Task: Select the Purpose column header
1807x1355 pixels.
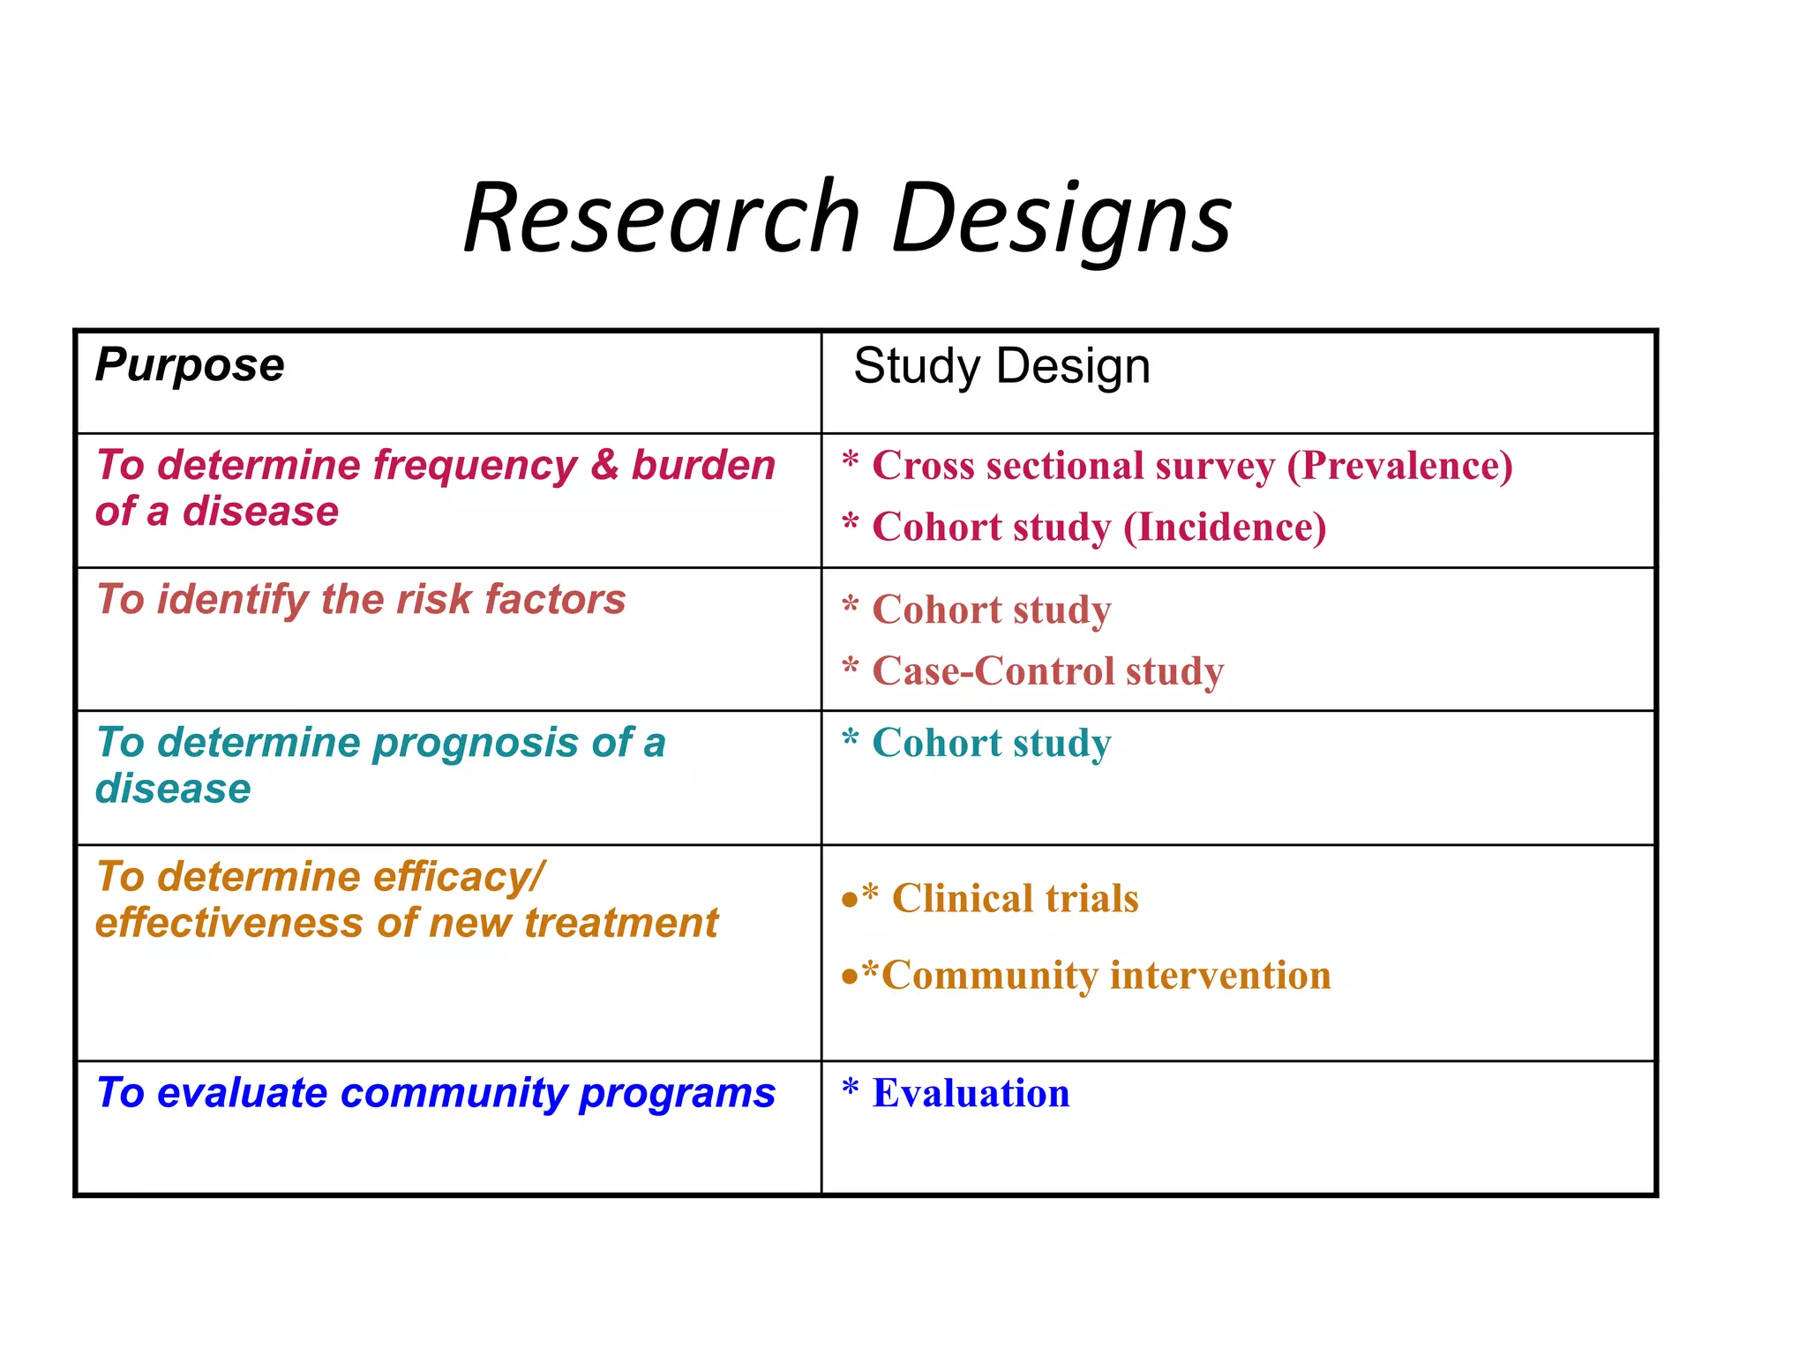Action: coord(190,365)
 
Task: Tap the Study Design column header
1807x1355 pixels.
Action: coord(1001,366)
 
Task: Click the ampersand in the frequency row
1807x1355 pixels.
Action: coord(604,465)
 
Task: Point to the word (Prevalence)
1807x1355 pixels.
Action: coord(1399,466)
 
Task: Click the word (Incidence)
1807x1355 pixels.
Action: coord(1224,528)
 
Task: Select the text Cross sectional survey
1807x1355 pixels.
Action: coord(1073,466)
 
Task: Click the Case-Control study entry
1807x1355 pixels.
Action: coord(1047,671)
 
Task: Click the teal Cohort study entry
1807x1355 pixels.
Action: coord(991,743)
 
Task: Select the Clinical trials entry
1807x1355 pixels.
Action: coord(1015,899)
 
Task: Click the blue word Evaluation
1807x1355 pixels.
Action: coord(971,1094)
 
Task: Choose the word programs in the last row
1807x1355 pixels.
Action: coord(677,1094)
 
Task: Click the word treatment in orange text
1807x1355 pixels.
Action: coord(621,924)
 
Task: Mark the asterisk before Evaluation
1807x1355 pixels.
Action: coord(850,1089)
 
